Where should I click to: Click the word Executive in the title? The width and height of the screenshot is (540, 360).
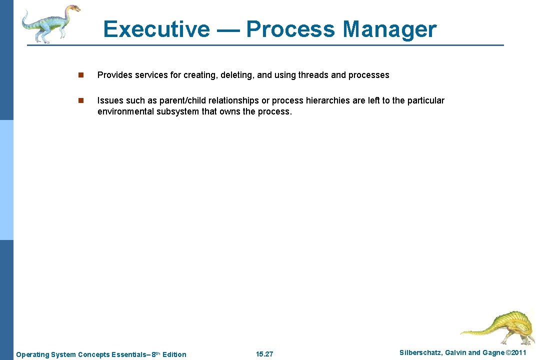(x=156, y=29)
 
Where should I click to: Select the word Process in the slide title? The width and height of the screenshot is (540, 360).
(x=290, y=29)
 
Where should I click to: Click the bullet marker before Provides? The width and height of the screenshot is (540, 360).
(x=80, y=75)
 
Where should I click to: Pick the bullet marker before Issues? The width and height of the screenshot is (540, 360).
(x=80, y=100)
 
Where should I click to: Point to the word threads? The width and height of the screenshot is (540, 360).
(x=313, y=75)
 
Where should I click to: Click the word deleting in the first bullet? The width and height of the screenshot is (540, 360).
(x=235, y=75)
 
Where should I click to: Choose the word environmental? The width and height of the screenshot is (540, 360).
(x=125, y=111)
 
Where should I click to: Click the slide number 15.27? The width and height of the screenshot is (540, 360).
(x=264, y=354)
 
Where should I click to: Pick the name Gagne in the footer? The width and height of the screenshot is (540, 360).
(x=493, y=353)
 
